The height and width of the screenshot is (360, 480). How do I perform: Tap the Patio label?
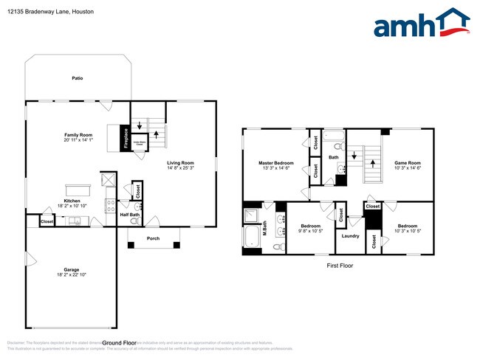point(77,77)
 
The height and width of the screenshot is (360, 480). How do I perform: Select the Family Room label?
point(78,135)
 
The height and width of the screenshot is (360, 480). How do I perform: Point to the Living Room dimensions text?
point(179,167)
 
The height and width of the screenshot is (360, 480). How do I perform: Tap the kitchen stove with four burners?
point(109,207)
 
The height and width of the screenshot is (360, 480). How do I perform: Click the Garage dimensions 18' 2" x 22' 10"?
point(72,275)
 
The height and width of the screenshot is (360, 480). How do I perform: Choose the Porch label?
point(153,238)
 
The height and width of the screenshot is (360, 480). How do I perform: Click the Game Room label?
point(407,162)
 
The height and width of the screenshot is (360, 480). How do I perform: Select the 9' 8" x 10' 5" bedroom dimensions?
point(310,231)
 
